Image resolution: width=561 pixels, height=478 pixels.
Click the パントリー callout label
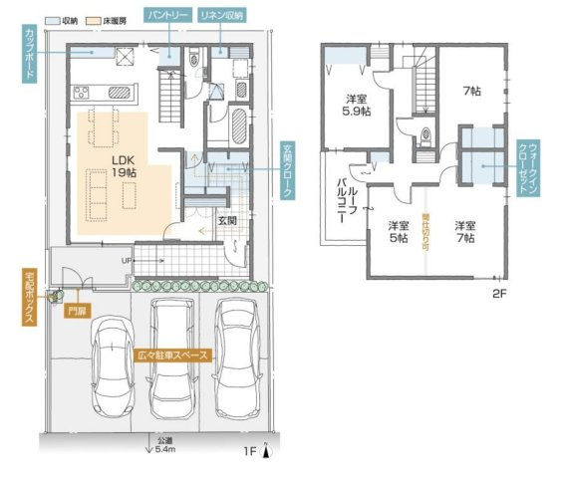click(x=169, y=17)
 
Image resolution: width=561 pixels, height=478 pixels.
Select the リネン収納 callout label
click(x=221, y=17)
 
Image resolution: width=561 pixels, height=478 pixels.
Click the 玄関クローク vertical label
click(x=288, y=171)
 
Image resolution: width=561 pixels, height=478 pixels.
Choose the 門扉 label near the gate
click(x=77, y=311)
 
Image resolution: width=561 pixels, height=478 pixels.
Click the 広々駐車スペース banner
click(x=171, y=354)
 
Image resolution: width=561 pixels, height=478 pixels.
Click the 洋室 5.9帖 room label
click(x=358, y=106)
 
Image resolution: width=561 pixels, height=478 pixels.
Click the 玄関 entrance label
click(x=225, y=219)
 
